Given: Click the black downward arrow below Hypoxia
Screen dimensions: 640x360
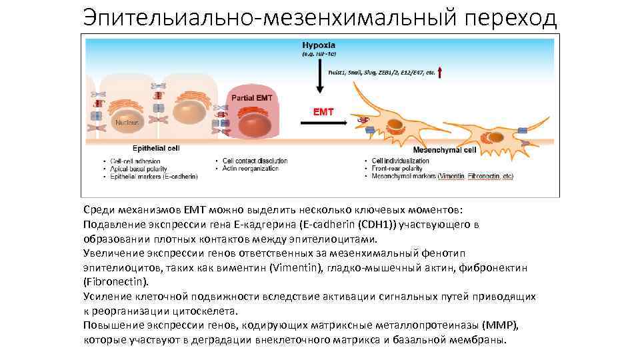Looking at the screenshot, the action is coord(319,74).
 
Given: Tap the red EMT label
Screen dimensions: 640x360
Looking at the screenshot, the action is coord(324,112).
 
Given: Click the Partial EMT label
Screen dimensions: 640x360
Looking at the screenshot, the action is coord(251,98).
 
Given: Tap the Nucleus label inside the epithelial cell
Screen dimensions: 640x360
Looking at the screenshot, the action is coord(126,123).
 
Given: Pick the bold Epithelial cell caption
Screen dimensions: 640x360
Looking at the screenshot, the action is coord(156,149).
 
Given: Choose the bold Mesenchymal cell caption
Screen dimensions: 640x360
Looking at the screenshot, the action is coord(445,151).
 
